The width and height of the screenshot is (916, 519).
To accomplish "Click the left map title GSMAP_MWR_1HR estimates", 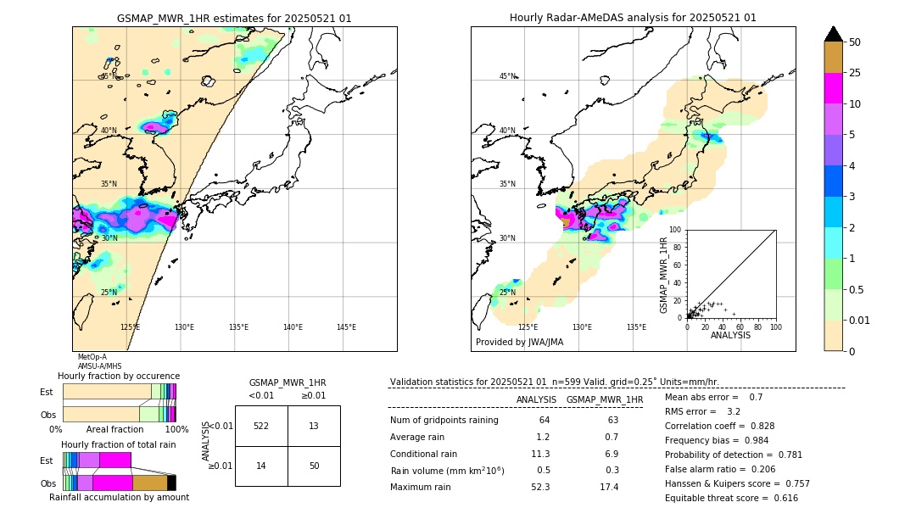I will [234, 18].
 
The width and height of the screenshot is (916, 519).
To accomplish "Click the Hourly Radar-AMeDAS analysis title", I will [633, 18].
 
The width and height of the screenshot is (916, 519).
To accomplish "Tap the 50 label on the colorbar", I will [855, 42].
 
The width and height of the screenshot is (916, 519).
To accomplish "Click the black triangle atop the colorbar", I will [834, 34].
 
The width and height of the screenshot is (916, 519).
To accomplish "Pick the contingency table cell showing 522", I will [261, 426].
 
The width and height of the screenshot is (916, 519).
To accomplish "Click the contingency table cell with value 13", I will [314, 426].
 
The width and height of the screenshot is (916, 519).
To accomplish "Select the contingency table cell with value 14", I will [261, 466].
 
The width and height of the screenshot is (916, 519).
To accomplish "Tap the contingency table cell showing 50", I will [314, 466].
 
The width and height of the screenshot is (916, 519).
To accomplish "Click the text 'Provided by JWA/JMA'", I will [519, 343].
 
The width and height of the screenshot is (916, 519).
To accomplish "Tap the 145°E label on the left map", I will [346, 327].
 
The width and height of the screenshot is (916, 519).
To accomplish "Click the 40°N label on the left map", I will [109, 131].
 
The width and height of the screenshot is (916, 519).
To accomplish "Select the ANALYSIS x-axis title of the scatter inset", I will [730, 335].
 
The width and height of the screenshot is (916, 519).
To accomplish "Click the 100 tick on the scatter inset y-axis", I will [676, 230].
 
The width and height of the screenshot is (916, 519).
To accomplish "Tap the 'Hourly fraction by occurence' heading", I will [119, 376].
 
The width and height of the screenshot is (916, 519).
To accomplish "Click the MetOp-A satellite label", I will [92, 357].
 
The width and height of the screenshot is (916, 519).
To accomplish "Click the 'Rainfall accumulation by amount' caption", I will [119, 497].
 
